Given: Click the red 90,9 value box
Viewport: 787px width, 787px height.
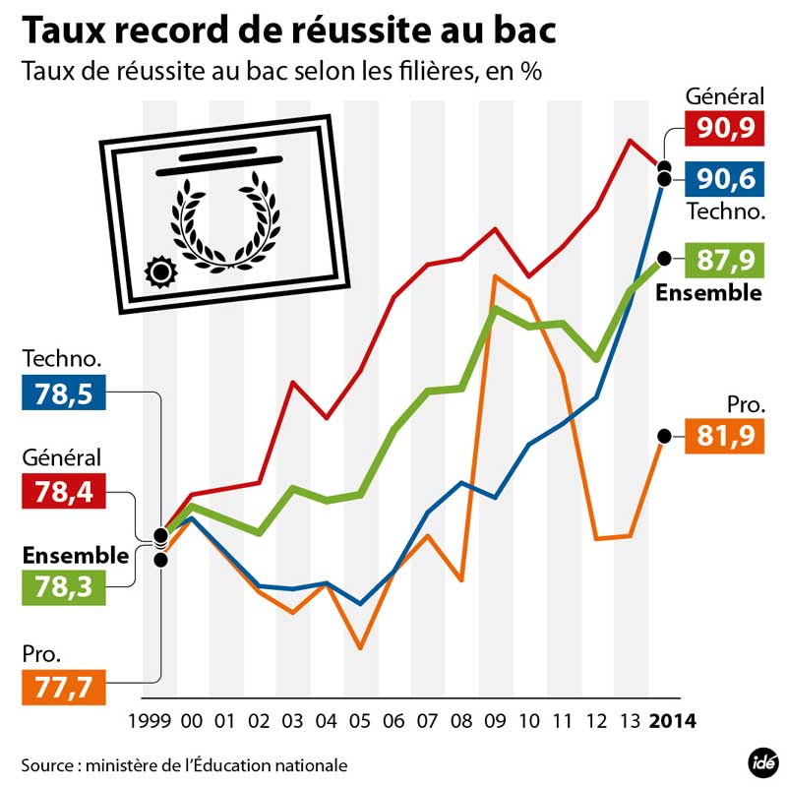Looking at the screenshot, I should click(725, 127).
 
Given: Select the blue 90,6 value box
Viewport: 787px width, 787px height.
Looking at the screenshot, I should click(725, 179).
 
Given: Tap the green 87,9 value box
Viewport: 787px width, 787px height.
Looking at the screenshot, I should click(725, 260).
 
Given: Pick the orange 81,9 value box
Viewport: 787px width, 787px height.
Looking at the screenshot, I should click(725, 434).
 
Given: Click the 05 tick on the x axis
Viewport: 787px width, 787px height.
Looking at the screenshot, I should click(360, 721).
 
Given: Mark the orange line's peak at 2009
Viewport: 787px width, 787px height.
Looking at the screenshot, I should click(495, 276).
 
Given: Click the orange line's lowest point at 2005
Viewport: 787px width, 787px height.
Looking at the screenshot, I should click(360, 648).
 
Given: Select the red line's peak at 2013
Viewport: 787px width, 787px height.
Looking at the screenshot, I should click(630, 141).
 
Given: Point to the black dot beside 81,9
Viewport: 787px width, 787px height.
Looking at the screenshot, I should click(664, 436).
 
